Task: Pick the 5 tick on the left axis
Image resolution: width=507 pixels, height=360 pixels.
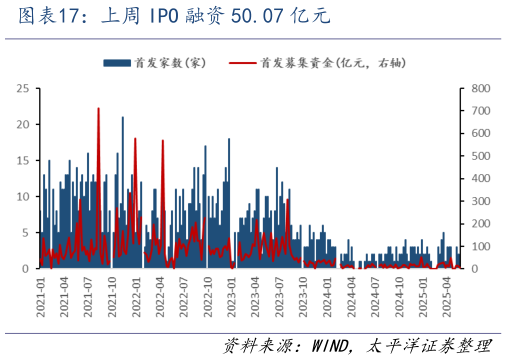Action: [x=24, y=233]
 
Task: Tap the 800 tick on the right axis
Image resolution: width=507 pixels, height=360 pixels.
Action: [x=479, y=89]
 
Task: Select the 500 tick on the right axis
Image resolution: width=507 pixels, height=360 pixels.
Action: [x=479, y=156]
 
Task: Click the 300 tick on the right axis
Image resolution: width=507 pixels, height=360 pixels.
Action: [x=479, y=201]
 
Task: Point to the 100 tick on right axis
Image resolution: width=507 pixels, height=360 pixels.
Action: [x=479, y=246]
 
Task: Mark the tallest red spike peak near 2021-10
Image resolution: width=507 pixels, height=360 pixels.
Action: [x=98, y=108]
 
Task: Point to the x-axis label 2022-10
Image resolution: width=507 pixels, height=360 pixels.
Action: [x=208, y=298]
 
